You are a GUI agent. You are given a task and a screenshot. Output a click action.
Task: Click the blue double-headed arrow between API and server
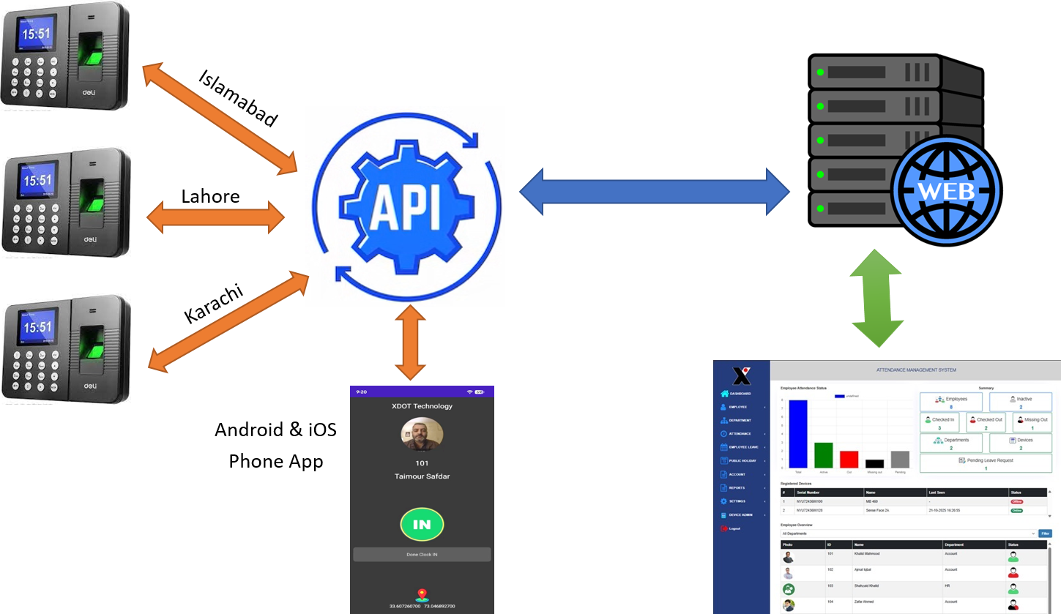click(x=655, y=192)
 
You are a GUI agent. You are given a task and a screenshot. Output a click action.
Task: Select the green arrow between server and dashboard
click(x=876, y=299)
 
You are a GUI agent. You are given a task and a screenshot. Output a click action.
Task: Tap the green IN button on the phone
click(x=422, y=524)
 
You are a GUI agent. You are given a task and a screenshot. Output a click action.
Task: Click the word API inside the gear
click(x=405, y=207)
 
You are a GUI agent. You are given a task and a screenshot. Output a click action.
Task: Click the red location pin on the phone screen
click(x=421, y=595)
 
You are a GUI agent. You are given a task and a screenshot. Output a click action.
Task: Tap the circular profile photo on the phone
click(x=422, y=434)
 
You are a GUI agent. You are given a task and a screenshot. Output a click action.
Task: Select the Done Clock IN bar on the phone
click(x=422, y=555)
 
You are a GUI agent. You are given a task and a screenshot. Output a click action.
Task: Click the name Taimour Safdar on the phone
click(x=422, y=476)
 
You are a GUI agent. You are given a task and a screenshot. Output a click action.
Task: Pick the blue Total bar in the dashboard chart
click(x=797, y=434)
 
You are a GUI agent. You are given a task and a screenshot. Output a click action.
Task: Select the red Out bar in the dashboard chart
click(x=849, y=459)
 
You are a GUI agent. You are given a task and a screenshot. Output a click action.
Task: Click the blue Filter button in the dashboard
click(x=1045, y=533)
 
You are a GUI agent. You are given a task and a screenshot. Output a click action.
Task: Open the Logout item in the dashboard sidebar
click(x=734, y=528)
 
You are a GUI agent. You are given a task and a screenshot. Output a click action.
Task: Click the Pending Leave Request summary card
click(x=986, y=463)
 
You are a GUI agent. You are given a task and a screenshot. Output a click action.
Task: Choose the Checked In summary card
click(x=939, y=423)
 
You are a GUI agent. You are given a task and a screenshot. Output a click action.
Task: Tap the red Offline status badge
click(x=1016, y=501)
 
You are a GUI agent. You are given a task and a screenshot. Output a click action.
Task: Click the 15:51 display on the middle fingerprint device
click(x=37, y=180)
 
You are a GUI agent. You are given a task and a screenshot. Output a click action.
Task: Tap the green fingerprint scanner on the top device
click(x=91, y=56)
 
